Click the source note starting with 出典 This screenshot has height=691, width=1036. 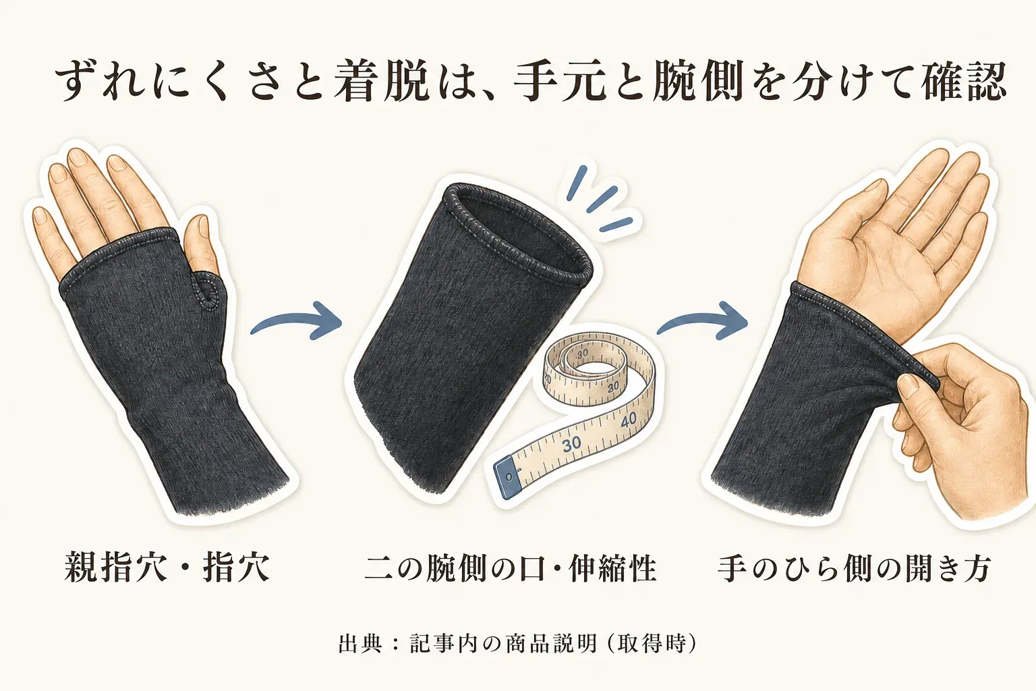(517, 643)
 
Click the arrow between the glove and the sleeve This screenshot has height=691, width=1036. (296, 319)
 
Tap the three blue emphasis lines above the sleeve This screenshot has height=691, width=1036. (597, 200)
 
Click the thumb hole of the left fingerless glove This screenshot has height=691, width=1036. (206, 291)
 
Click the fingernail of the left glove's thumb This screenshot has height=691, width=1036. (202, 227)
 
